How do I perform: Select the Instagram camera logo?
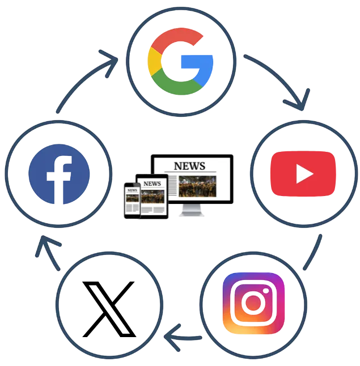(x=253, y=303)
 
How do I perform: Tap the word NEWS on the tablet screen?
(x=152, y=184)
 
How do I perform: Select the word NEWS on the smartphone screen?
(x=132, y=190)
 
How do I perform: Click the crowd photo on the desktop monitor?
(x=197, y=186)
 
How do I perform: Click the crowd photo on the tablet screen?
(x=153, y=196)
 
